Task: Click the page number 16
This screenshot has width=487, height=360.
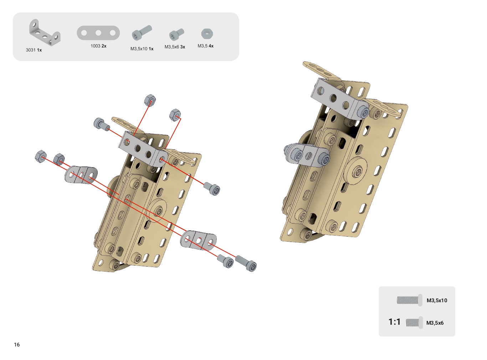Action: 17,345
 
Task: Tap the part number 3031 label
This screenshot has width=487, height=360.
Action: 31,50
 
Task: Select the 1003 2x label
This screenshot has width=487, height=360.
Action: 98,46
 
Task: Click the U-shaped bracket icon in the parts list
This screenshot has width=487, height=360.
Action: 45,32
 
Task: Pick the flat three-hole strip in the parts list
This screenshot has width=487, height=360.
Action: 98,33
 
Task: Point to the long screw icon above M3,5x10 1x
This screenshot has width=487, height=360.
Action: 142,32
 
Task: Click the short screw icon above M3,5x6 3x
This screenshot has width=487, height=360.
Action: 176,35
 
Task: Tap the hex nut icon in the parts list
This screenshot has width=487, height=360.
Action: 207,34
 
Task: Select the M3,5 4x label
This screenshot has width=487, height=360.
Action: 205,46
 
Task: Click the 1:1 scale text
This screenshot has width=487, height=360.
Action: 394,322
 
